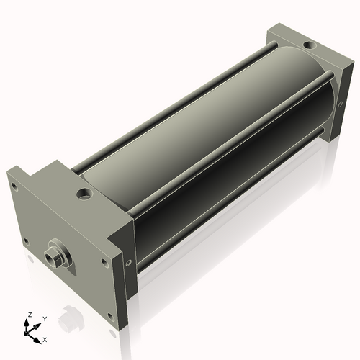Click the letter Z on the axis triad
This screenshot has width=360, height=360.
coord(30,315)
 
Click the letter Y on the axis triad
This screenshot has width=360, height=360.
coord(45,319)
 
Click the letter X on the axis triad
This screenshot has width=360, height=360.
coord(45,340)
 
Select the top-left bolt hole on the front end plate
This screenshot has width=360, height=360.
coord(14,186)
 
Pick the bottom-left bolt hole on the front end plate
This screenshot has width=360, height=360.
coord(27,242)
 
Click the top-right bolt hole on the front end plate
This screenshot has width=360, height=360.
coord(104,262)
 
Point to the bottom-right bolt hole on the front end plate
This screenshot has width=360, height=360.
coord(110,317)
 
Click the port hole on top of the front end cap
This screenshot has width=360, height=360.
coord(84,193)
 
